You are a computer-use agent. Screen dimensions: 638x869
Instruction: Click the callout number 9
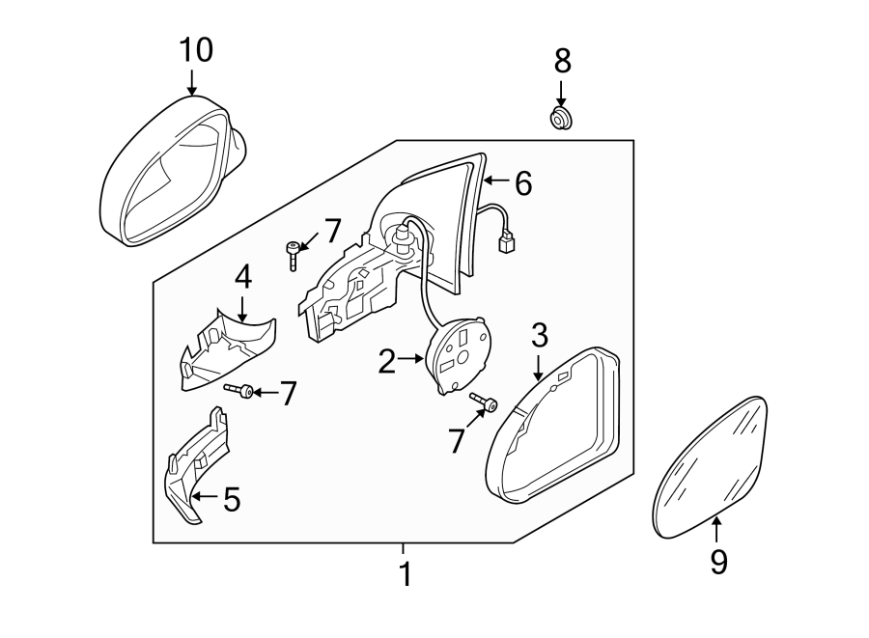(x=717, y=562)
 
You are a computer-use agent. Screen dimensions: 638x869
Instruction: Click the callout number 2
(x=386, y=362)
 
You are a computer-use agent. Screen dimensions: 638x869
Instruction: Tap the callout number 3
(x=539, y=335)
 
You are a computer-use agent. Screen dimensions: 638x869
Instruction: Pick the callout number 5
(x=232, y=499)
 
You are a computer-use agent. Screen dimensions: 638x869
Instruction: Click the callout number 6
(x=522, y=182)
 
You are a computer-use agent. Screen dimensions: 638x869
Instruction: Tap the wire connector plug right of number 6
(x=505, y=244)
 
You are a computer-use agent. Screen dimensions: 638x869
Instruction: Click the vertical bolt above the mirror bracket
(x=292, y=256)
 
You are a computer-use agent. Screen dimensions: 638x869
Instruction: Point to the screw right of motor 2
(x=483, y=402)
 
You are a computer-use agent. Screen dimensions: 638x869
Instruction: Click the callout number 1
(x=406, y=574)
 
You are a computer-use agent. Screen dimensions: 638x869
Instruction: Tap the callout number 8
(x=561, y=61)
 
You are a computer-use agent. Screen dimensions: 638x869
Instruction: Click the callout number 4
(x=242, y=278)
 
